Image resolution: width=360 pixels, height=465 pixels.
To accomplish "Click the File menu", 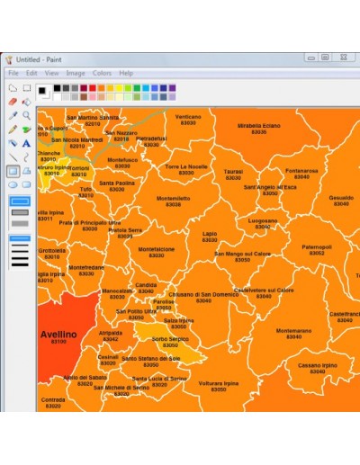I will tap(13, 73).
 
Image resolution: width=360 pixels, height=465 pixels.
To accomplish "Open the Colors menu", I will tap(102, 73).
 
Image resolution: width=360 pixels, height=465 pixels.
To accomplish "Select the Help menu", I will tap(126, 73).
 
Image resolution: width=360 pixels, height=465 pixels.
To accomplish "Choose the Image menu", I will tap(76, 73).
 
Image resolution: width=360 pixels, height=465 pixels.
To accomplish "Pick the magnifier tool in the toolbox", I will tap(27, 115).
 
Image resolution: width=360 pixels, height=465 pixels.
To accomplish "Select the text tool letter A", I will tap(27, 142).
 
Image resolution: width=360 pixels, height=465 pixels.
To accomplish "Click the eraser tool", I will tap(13, 102).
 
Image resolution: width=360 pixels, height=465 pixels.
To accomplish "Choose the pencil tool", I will tap(13, 129).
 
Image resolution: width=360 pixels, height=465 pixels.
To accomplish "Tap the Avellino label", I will tap(58, 335).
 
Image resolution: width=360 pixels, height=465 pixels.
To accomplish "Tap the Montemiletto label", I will tap(173, 201).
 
